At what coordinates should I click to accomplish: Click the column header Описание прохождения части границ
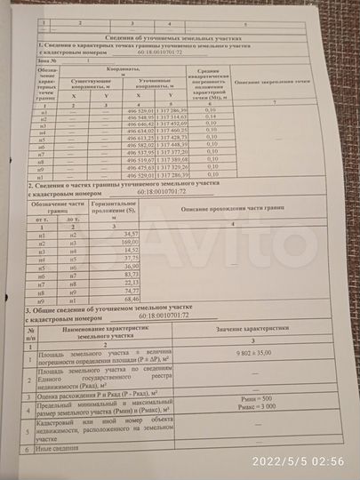[x=234, y=208]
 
